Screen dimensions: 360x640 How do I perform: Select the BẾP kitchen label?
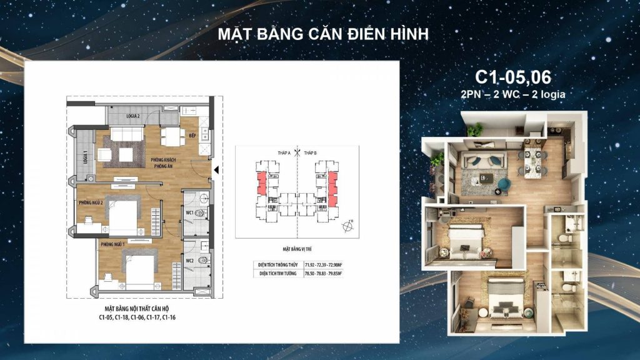(x=192, y=134)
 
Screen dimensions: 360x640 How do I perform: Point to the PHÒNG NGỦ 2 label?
(x=91, y=203)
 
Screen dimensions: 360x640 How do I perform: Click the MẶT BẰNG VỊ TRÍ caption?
(x=297, y=247)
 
